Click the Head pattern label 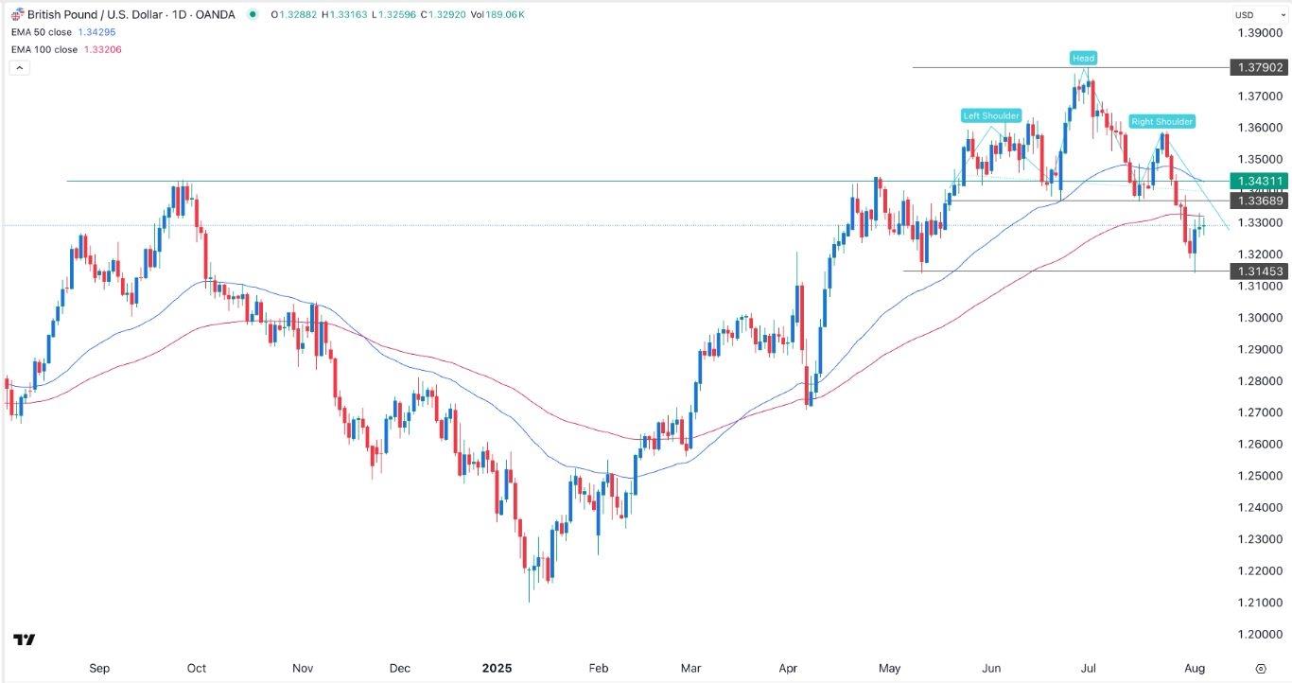[x=1084, y=59]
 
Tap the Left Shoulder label [x=991, y=116]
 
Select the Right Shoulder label [x=1162, y=122]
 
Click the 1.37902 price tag [x=1257, y=68]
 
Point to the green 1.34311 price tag [x=1257, y=181]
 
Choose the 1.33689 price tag [x=1257, y=201]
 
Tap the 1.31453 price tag [x=1257, y=271]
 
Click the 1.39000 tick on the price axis [x=1257, y=33]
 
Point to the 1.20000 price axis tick [x=1257, y=635]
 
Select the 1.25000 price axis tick [x=1257, y=476]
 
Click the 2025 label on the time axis [x=497, y=668]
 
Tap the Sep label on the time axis [x=99, y=668]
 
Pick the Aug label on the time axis [x=1195, y=668]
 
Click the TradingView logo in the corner [x=25, y=640]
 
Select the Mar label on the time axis [x=690, y=668]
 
